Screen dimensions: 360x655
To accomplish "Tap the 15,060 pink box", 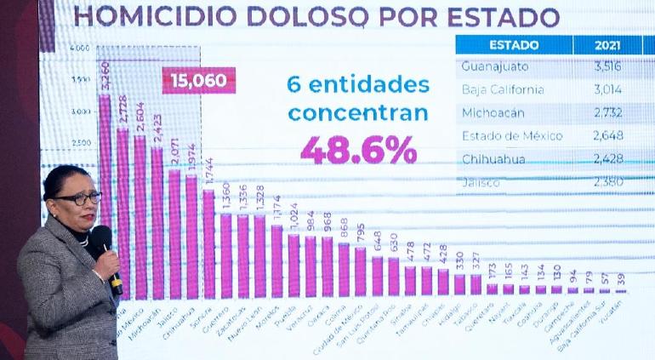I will [198, 81].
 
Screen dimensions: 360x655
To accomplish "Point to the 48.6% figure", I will [358, 150].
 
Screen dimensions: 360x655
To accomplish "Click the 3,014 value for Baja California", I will [608, 89].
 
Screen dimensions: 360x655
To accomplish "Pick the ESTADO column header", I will [512, 44].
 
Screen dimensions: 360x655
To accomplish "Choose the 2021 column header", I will [607, 44].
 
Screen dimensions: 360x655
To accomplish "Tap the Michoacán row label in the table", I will [493, 111].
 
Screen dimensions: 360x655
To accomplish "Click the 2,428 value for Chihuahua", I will [608, 158].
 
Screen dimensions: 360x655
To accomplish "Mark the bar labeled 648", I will [377, 276].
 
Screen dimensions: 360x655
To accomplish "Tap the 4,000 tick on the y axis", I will [80, 49].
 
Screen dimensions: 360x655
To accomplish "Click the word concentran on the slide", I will [358, 113].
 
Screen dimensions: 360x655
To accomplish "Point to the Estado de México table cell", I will [507, 134].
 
